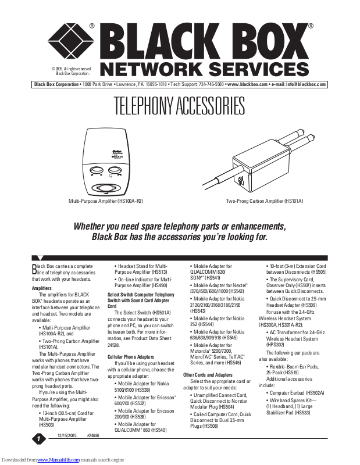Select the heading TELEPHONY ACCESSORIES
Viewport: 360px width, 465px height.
(180, 107)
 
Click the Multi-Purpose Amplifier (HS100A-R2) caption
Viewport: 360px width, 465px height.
(106, 201)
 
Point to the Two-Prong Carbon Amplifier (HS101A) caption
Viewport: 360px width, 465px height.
(265, 201)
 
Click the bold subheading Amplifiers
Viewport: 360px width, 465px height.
(42, 288)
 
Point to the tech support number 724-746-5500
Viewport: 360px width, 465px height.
(211, 84)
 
